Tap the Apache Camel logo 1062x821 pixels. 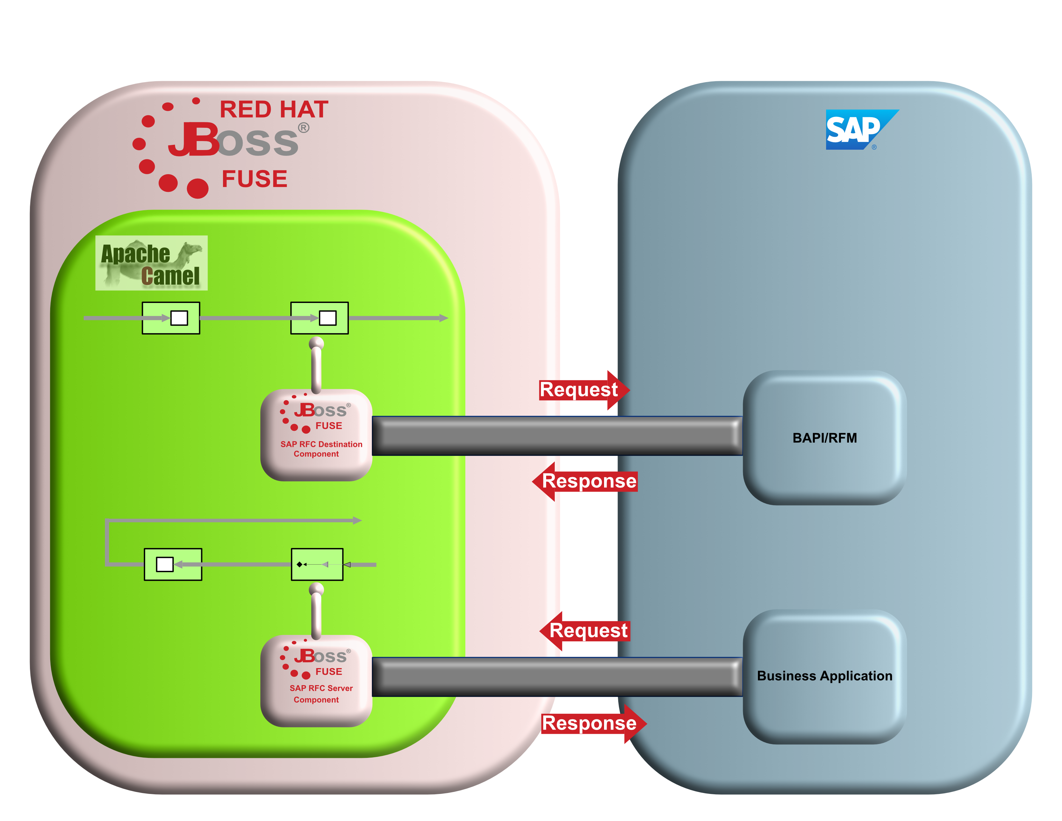click(151, 263)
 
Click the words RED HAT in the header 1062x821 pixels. click(274, 109)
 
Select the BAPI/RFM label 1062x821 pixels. click(825, 438)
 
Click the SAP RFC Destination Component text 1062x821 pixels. click(321, 449)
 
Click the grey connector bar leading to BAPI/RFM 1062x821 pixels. click(557, 436)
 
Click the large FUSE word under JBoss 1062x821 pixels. click(254, 179)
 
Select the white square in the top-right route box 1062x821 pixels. click(328, 318)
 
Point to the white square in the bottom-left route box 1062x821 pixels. click(165, 564)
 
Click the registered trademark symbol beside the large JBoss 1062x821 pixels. click(303, 127)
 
